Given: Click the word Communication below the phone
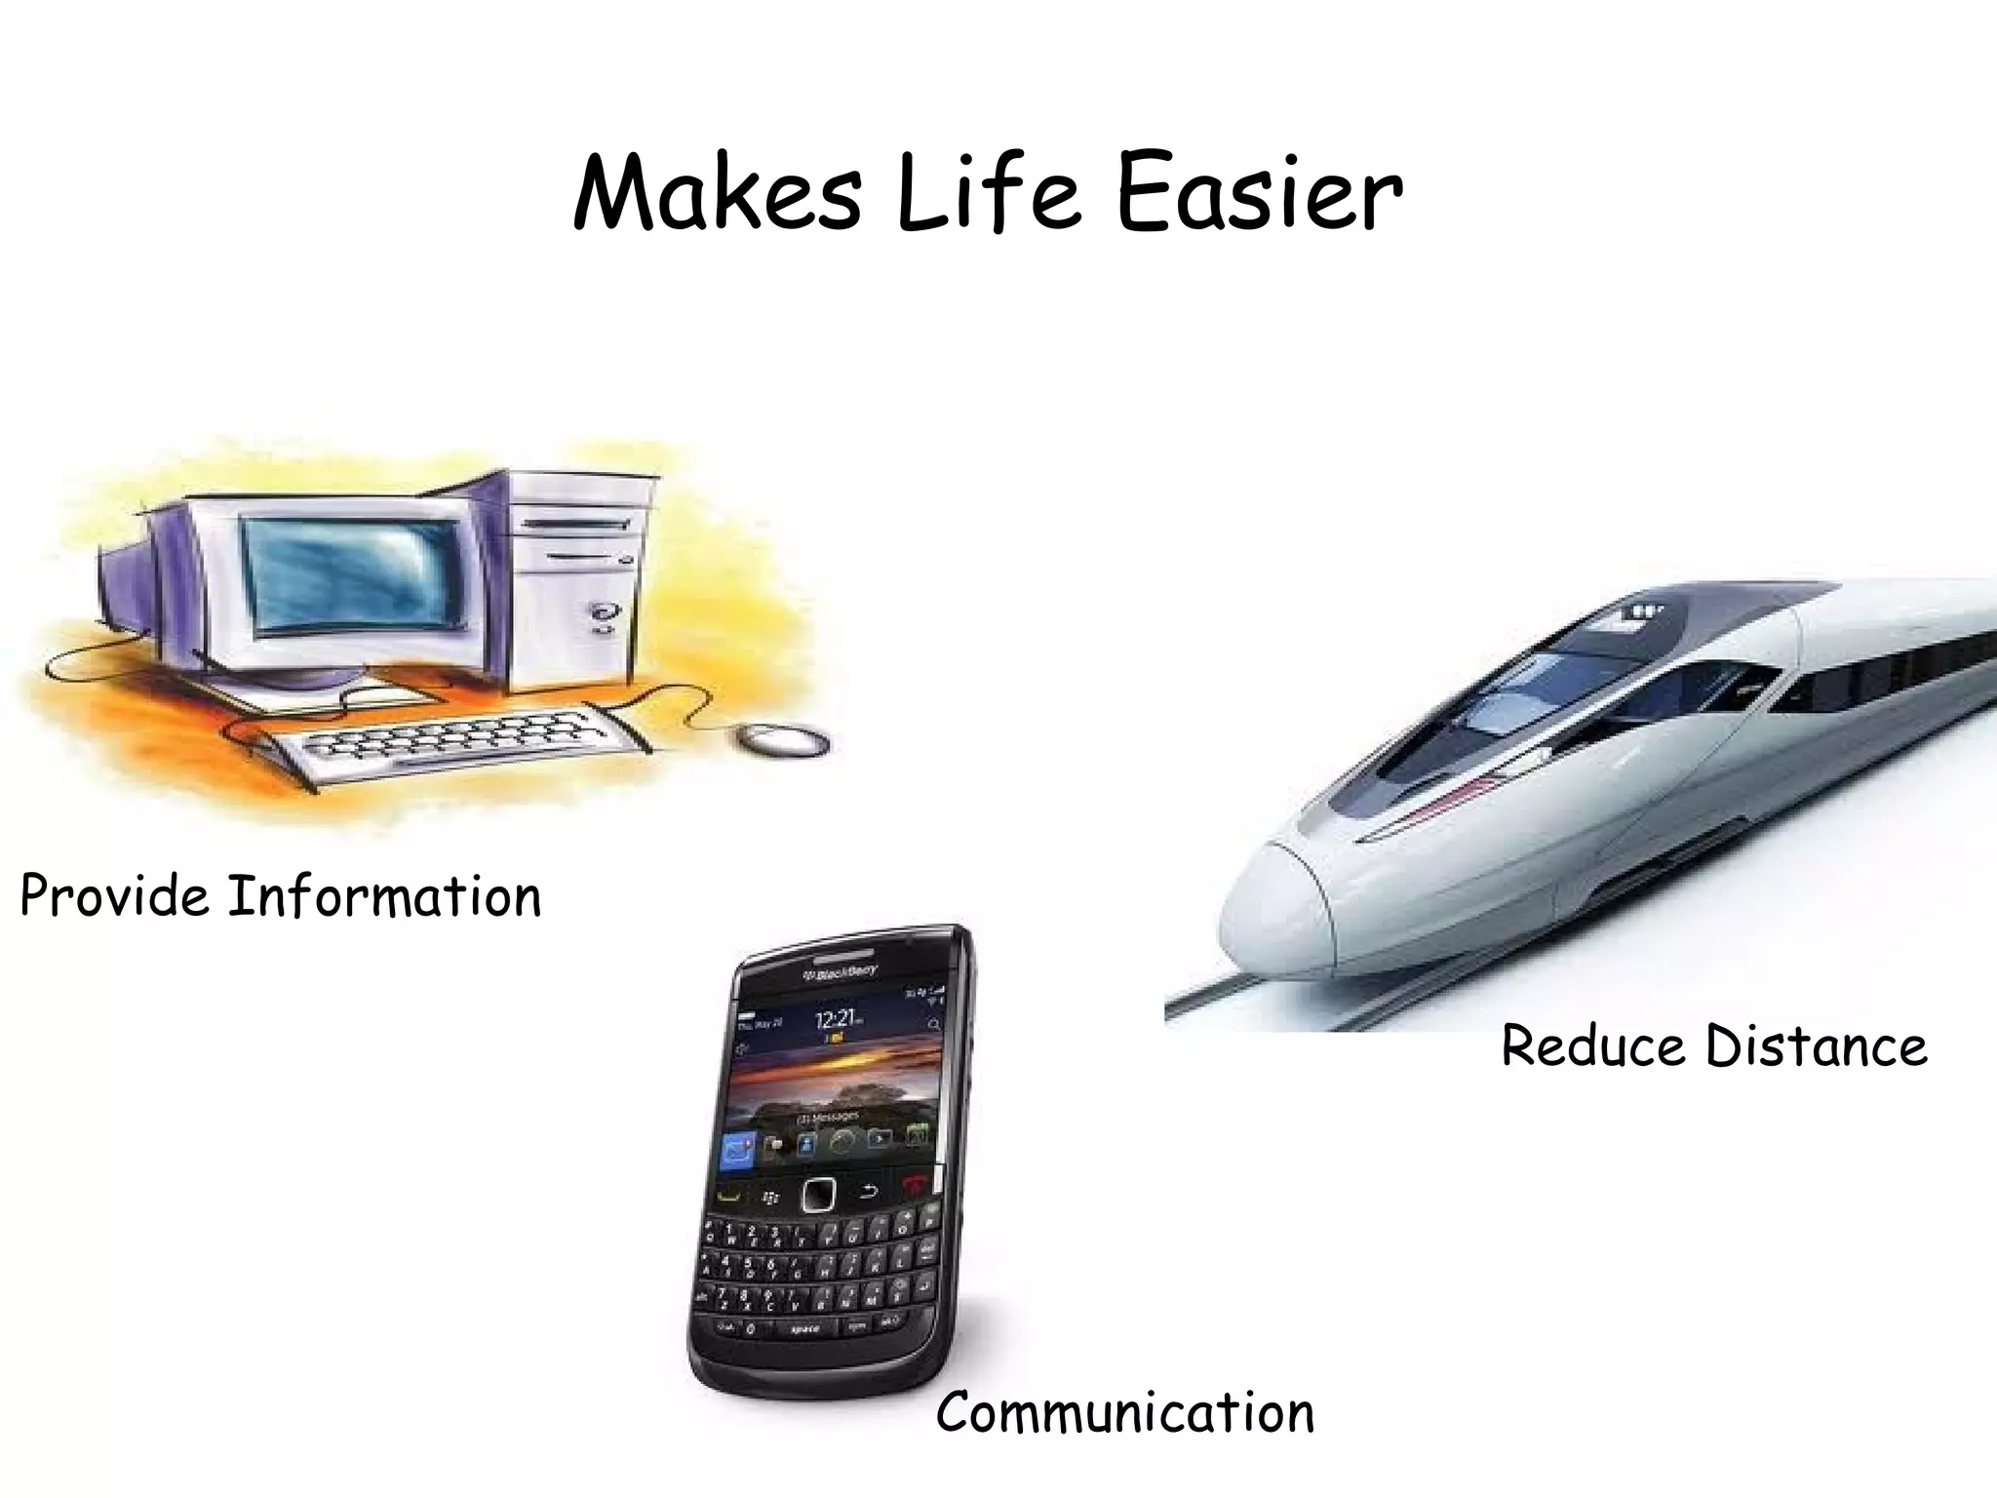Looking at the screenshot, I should tap(1125, 1413).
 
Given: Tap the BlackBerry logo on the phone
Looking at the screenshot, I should tap(840, 973).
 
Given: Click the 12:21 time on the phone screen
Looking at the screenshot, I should tap(837, 1019).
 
